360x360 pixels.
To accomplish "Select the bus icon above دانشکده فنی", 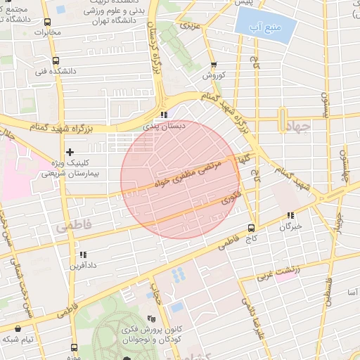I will (x=56, y=60).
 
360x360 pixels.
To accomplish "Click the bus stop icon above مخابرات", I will (x=47, y=22).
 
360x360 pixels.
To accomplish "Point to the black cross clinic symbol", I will (x=70, y=152).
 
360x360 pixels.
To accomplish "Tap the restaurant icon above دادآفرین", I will (x=82, y=255).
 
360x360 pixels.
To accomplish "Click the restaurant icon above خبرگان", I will (x=290, y=216).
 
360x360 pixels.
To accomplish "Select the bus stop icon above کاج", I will (x=251, y=228).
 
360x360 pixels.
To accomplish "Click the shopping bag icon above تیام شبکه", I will (x=18, y=328).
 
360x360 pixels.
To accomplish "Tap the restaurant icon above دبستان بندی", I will (x=163, y=115).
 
